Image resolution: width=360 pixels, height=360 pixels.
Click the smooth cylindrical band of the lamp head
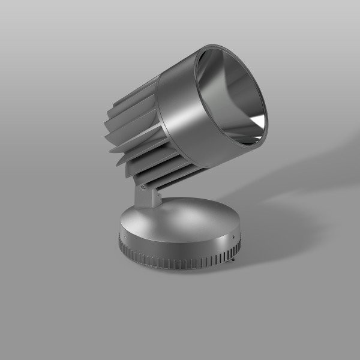pos(180,114)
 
